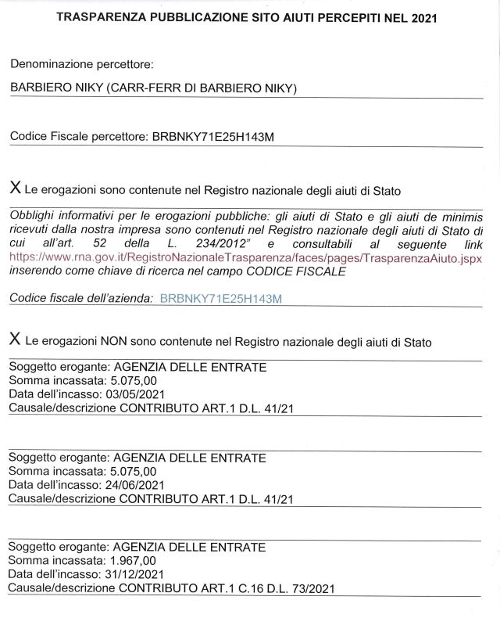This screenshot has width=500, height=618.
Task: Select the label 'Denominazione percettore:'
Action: [x=82, y=64]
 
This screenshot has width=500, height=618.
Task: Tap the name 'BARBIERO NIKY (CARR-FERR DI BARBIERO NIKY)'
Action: [x=154, y=88]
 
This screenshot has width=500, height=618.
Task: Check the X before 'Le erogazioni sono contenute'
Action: [x=15, y=189]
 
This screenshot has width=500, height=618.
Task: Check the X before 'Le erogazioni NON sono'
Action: [x=15, y=340]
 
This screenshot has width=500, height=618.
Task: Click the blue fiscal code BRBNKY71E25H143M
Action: [x=220, y=298]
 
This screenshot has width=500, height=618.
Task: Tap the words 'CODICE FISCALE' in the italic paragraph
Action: [x=301, y=271]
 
